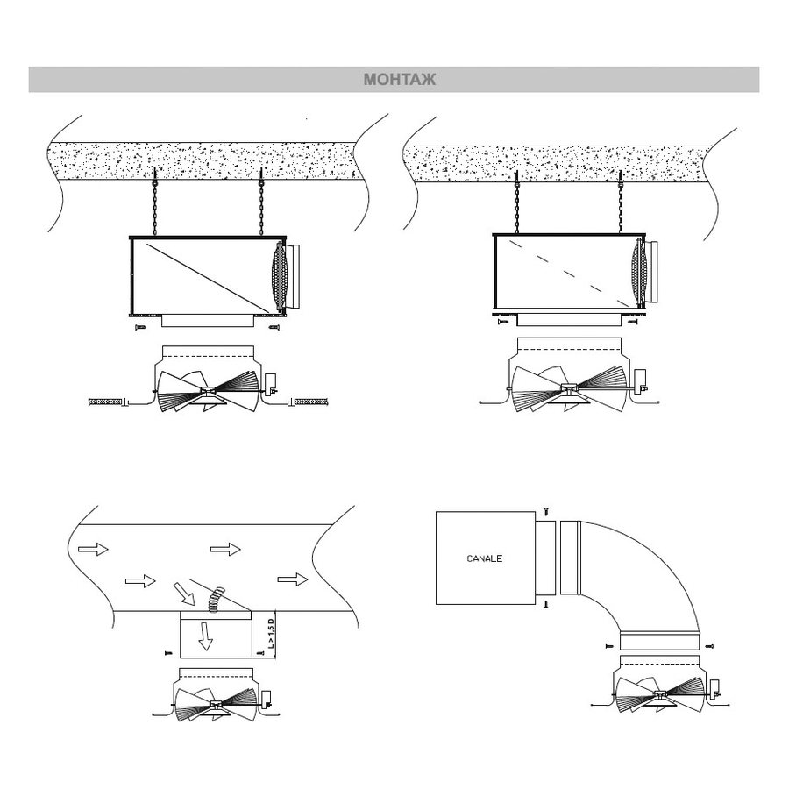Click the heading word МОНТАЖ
click(400, 80)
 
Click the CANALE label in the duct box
click(485, 558)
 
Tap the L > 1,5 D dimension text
click(271, 634)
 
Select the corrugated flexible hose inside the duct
click(216, 599)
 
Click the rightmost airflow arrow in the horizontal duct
click(292, 579)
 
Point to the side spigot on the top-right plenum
click(650, 272)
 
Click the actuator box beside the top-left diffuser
click(271, 383)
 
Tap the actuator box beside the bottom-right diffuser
click(714, 688)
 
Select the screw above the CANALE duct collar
click(546, 512)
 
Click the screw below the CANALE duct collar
click(546, 604)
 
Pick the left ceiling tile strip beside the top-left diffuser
click(105, 402)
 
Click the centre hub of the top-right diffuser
click(569, 389)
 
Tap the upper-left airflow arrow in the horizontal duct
click(93, 549)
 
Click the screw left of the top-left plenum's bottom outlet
click(140, 328)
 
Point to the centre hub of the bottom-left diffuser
click(217, 705)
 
